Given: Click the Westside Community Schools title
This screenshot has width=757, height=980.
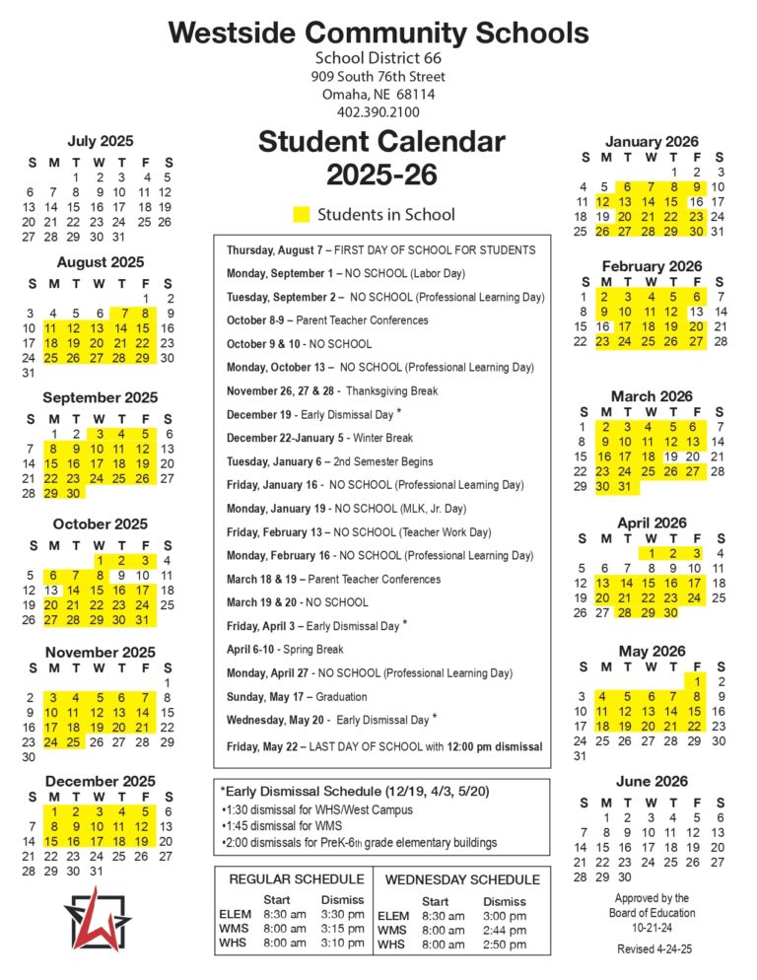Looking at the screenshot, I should click(x=378, y=33).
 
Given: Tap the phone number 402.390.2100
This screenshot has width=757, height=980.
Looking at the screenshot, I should click(x=378, y=112).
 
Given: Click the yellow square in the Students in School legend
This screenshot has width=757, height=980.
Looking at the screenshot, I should click(x=302, y=214).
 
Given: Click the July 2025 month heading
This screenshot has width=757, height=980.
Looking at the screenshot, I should click(x=101, y=141).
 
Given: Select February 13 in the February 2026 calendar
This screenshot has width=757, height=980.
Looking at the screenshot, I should click(x=697, y=312).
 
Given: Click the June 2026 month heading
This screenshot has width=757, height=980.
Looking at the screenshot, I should click(x=652, y=782).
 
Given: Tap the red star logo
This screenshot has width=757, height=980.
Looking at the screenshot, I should click(x=95, y=918).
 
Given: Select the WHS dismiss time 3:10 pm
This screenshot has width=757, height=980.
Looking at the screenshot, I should click(x=342, y=944).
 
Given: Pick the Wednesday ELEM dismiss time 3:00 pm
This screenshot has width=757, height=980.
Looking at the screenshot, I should click(x=504, y=916).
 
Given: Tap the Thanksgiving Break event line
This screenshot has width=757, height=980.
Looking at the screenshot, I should click(x=332, y=391).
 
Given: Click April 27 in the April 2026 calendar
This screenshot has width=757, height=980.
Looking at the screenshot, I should click(x=605, y=612).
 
